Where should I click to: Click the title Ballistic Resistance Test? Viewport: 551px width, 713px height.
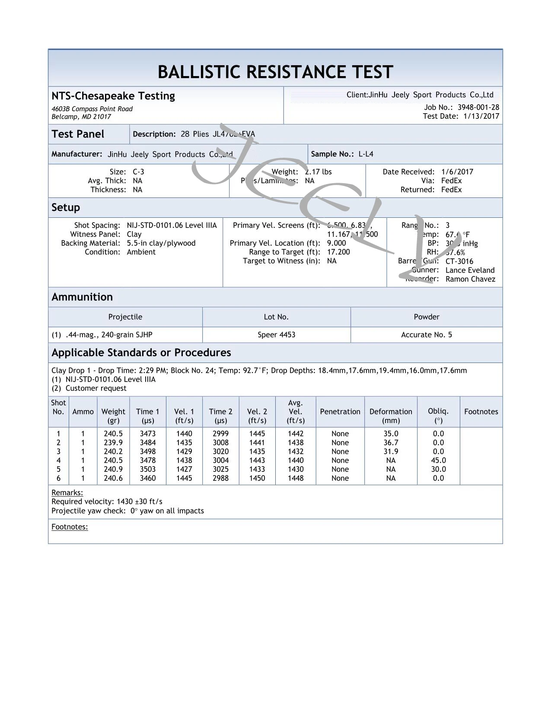275,72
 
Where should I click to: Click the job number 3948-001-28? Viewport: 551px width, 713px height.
478,107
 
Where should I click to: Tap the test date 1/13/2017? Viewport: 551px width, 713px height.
481,116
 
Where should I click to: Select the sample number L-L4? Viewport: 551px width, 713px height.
366,154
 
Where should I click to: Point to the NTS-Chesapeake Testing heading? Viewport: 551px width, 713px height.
113,96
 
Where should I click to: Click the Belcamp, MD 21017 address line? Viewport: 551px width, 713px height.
81,117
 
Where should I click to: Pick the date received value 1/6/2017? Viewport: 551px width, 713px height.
457,172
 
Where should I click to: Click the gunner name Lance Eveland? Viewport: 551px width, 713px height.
470,270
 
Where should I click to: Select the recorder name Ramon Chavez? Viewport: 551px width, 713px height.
470,279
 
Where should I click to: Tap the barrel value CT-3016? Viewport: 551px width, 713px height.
459,261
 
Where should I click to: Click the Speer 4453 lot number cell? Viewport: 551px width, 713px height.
276,334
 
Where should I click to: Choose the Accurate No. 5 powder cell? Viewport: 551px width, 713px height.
426,334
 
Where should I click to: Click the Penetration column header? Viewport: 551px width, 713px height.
340,411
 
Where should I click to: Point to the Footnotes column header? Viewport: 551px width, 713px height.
481,411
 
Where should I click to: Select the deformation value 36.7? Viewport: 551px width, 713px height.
391,442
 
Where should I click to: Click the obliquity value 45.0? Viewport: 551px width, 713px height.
438,460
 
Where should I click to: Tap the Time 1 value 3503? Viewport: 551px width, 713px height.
147,469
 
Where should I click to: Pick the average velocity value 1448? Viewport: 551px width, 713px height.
296,478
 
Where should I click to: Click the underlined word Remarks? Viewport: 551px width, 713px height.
67,493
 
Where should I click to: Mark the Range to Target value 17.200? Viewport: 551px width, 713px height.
338,252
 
